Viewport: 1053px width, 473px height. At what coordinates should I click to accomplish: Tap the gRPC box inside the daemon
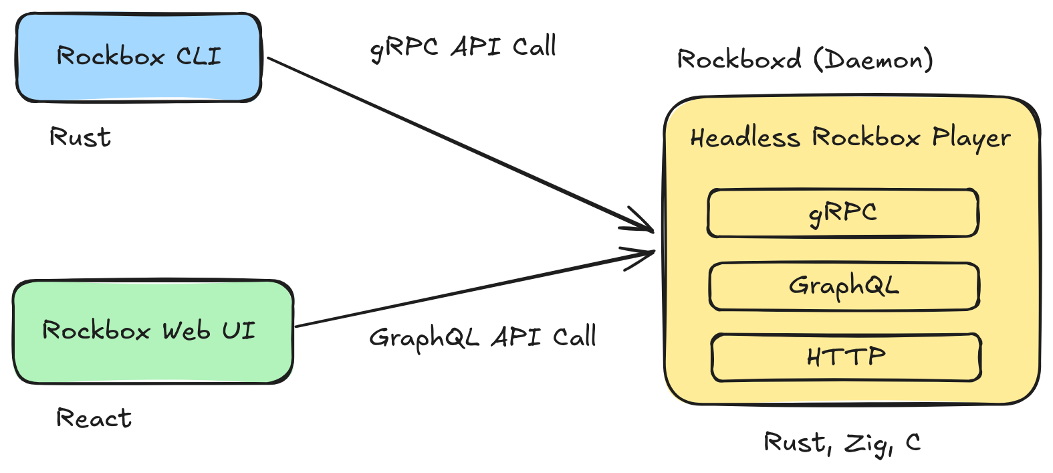[x=843, y=213]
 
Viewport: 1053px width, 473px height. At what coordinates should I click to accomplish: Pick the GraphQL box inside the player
[x=844, y=286]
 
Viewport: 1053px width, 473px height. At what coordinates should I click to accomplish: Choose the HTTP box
[x=846, y=357]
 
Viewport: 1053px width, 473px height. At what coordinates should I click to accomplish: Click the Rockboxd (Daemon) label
[x=805, y=60]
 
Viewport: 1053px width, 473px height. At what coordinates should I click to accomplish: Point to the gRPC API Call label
[x=463, y=48]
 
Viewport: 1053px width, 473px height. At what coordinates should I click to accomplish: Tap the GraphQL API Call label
[x=482, y=337]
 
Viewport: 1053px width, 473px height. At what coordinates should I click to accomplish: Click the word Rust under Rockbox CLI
[x=80, y=137]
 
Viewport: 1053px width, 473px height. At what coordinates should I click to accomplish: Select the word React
[x=94, y=418]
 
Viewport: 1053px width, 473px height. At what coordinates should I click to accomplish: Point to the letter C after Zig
[x=913, y=442]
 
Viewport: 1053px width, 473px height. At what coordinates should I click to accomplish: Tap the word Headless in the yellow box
[x=745, y=138]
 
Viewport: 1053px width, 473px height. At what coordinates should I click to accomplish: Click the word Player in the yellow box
[x=971, y=138]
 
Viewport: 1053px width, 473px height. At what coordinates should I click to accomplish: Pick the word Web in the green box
[x=186, y=330]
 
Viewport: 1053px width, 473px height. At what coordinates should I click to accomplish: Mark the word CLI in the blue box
[x=199, y=56]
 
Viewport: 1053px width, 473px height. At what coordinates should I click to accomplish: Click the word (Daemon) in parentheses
[x=873, y=60]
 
